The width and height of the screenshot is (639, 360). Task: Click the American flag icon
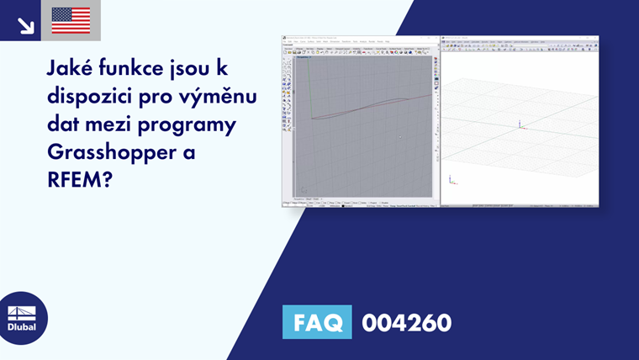pos(71,20)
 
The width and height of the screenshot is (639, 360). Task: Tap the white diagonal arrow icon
pos(25,24)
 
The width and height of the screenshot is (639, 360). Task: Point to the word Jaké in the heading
pos(68,71)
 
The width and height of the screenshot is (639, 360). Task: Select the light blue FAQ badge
pos(317,322)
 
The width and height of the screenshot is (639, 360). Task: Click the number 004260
pos(407,322)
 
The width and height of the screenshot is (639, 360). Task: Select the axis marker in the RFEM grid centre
pos(520,124)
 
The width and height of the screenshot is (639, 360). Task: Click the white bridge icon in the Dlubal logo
pos(22,313)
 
